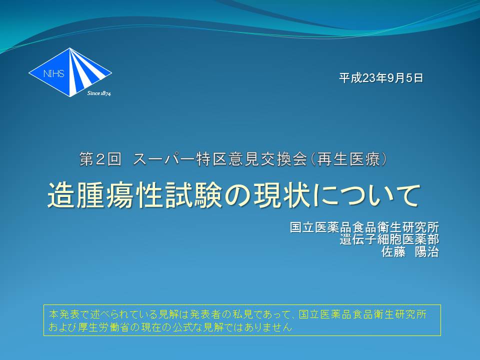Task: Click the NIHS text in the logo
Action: pos(53,73)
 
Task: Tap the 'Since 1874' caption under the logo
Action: pos(99,93)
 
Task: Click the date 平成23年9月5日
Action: pos(381,78)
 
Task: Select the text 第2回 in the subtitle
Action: pos(100,159)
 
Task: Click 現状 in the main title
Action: pos(282,195)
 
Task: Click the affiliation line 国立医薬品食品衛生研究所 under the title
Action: pos(364,227)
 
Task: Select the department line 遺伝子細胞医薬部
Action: pos(389,239)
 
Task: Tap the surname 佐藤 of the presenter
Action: pos(393,251)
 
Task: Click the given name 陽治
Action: pos(426,251)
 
